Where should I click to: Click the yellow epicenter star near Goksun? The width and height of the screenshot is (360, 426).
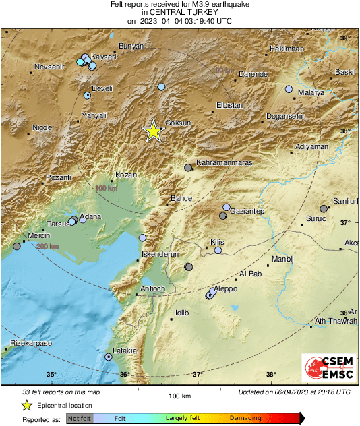[x=154, y=132]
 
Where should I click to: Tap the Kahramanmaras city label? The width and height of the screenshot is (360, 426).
[x=223, y=163]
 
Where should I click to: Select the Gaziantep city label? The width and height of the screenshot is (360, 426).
[x=247, y=212]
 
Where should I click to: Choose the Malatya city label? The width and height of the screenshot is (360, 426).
[x=311, y=92]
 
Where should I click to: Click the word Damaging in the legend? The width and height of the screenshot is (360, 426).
[x=245, y=418]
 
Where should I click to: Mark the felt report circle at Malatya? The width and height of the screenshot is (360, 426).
[x=289, y=89]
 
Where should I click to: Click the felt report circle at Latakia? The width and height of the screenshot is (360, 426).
[x=108, y=357]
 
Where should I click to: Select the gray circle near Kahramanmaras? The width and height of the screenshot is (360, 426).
[x=188, y=168]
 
